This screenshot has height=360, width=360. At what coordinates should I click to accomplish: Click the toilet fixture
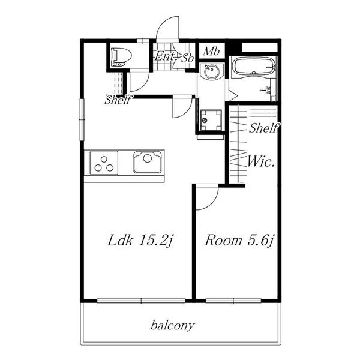pos(121,57)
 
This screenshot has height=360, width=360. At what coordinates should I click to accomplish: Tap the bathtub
pos(254,66)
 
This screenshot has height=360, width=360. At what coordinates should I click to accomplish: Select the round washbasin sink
pos(212,71)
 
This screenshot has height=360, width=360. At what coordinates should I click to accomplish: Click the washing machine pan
pos(211,120)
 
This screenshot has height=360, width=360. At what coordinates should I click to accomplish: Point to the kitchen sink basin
pos(148,162)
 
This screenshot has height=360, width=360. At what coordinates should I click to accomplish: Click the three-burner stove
pos(104,163)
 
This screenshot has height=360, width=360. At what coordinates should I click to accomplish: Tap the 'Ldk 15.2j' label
pos(140,241)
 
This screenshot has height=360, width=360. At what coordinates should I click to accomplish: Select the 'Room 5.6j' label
pos(239,241)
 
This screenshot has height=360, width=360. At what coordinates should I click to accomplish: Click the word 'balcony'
pos(173,326)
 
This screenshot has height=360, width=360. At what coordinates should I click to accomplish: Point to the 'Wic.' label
pos(261,161)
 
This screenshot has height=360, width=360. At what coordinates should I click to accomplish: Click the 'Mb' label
pos(211,51)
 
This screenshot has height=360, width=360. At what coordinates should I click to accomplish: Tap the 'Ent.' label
pos(163,56)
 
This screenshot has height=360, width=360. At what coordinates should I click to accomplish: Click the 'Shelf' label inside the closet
pos(264,128)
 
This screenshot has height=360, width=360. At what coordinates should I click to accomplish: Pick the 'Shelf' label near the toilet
pos(118,100)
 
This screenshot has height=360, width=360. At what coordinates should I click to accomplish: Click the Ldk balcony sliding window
pos(141,301)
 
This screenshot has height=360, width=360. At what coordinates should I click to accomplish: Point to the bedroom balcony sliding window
pos(233,301)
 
